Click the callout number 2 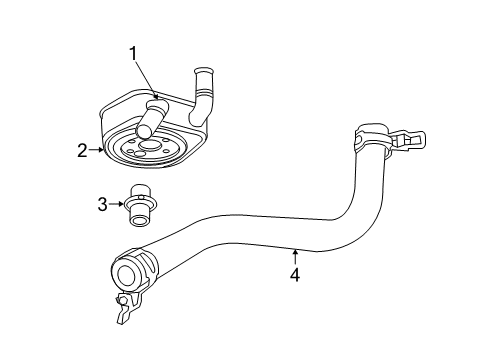pos(83,152)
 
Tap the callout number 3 pos(101,204)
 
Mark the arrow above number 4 pos(294,254)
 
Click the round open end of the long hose pos(126,272)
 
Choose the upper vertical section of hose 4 pos(362,180)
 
